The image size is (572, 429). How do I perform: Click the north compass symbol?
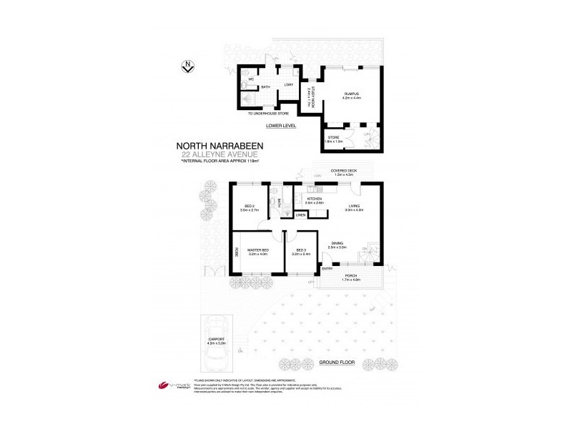pos(187,67)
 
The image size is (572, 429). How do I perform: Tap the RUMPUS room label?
pos(350,94)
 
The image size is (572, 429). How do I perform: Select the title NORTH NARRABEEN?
pos(221,146)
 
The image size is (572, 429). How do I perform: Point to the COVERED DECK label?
pos(343,171)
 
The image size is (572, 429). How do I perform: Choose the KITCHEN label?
pos(315,199)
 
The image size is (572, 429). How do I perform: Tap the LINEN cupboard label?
pos(300,214)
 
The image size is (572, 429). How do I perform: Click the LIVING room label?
pos(355,206)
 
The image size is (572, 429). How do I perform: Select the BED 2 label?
pos(249,206)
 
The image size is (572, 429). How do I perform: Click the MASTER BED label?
pos(257,250)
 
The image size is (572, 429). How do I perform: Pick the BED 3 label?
pos(300,250)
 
